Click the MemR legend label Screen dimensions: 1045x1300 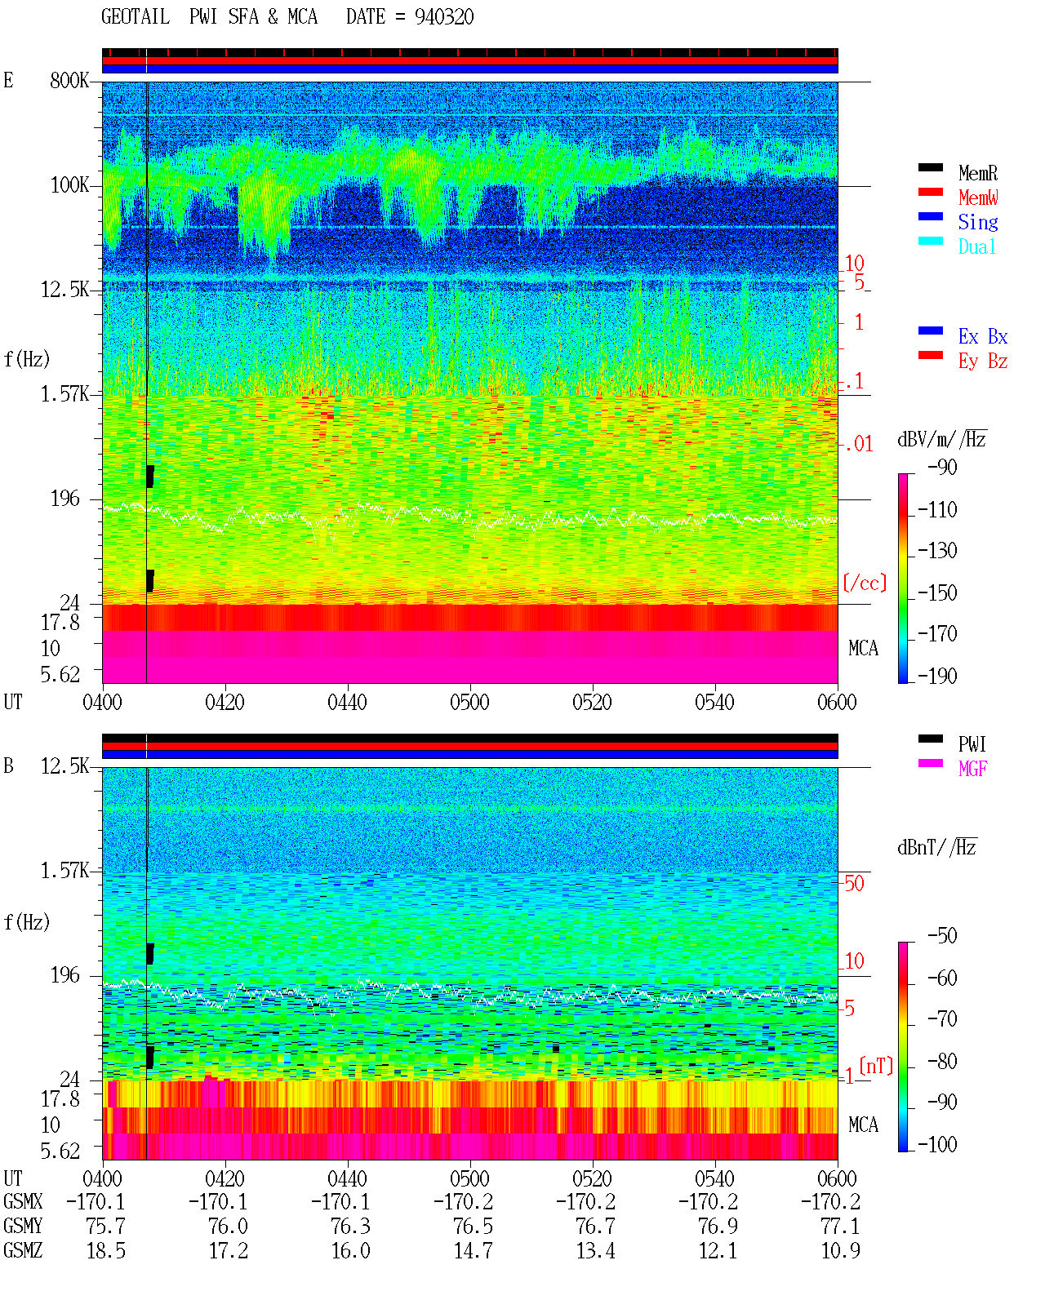977,173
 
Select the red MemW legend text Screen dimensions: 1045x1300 977,197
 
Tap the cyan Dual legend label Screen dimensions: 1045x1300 976,246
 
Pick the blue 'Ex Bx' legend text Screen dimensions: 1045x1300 982,336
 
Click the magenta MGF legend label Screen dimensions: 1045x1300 972,769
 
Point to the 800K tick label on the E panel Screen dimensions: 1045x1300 69,80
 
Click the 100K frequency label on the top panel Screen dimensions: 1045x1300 69,185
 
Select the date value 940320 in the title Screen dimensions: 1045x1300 444,17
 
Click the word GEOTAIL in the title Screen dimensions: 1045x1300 136,17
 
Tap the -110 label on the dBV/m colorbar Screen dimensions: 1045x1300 937,510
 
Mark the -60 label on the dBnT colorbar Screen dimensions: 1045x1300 942,978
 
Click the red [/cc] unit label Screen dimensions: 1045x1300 865,583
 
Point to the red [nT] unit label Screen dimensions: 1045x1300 876,1066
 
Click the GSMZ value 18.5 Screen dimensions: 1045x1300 106,1250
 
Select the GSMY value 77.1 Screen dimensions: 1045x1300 840,1227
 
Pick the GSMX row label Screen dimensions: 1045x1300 23,1201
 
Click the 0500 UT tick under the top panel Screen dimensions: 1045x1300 469,703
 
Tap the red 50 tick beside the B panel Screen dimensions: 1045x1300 854,884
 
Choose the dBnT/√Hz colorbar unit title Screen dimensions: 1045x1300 937,848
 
